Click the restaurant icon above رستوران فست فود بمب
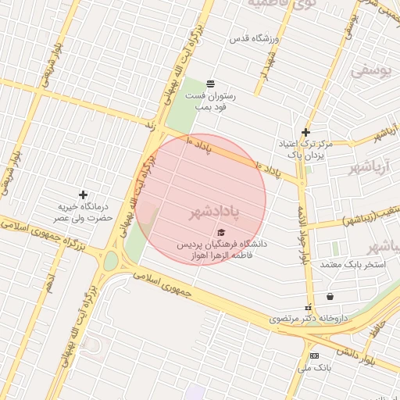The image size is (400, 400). [210, 84]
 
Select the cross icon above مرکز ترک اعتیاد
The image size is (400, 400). [305, 132]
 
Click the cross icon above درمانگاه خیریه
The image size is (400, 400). [84, 195]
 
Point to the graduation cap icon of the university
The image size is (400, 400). [221, 233]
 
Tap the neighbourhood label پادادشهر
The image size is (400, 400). [214, 212]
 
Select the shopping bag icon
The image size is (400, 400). [330, 296]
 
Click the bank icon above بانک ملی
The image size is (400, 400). [314, 355]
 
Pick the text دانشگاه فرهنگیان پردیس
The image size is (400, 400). [221, 245]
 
